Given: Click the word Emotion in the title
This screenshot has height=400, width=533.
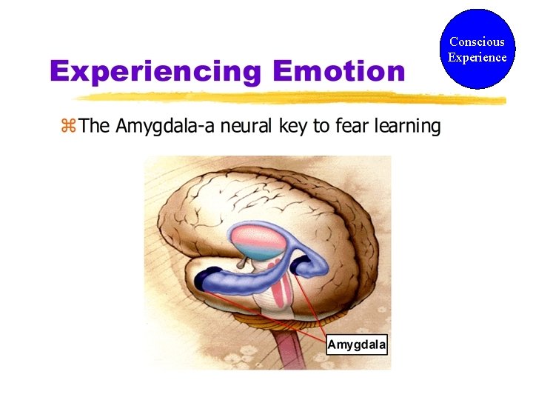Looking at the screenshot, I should pos(338,72).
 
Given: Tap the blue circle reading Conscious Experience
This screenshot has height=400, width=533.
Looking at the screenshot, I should pos(477,49).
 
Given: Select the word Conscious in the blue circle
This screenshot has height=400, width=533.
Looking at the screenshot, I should pos(477,42).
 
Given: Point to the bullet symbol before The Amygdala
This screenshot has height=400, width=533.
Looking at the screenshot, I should pos(68,126).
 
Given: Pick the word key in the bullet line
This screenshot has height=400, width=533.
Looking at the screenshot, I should pos(294,127).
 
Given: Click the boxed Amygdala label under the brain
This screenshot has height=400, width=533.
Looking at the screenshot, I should pos(357,345).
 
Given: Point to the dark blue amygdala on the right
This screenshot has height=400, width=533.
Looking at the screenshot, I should pos(301,266).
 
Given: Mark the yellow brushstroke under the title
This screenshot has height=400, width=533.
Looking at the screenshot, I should pos(289,97).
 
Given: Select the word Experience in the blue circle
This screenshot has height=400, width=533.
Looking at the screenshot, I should pos(477,57).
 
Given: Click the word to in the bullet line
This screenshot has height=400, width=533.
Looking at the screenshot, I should pos(321,127).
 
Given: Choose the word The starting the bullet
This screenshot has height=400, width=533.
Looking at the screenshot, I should pos(94,126).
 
